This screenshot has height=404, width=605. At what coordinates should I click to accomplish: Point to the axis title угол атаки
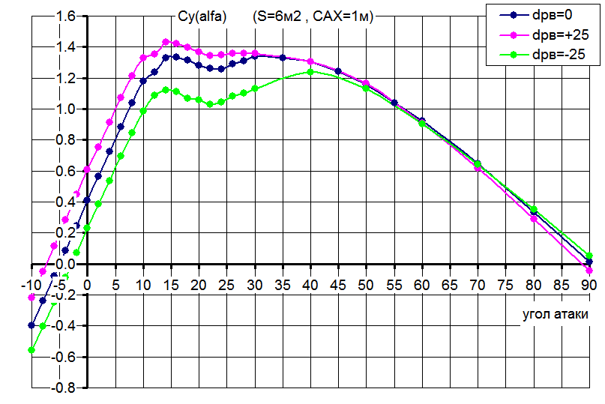pos(555,315)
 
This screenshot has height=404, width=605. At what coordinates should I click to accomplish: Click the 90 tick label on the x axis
pos(589,285)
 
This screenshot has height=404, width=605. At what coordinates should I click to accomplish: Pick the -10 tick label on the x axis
pos(31,285)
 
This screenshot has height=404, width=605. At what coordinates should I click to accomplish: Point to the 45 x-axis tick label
pos(338,285)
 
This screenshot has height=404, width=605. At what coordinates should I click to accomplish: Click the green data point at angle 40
pos(310,72)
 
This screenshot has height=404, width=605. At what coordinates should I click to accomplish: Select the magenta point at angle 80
pos(534,219)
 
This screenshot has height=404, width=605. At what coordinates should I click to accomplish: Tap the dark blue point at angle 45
pos(338,71)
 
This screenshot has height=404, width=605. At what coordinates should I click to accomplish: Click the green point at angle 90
pos(589,256)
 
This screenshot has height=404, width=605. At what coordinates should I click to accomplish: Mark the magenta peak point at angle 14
pos(166,42)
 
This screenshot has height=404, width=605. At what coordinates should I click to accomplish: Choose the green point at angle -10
pos(31,350)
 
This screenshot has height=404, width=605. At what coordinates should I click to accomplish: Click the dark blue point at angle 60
pos(421,121)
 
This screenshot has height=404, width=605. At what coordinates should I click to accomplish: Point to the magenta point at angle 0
pos(87,169)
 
